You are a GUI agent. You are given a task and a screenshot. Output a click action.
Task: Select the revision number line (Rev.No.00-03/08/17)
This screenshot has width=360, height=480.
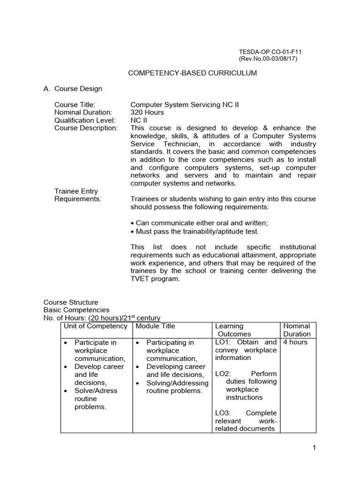pos(268,59)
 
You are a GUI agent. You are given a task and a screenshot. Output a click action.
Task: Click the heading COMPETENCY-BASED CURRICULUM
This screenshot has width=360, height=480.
pos(193,74)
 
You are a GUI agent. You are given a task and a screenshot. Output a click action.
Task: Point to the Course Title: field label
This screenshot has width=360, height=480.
pos(75,105)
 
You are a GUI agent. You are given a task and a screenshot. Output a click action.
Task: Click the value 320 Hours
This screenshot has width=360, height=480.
pos(147,112)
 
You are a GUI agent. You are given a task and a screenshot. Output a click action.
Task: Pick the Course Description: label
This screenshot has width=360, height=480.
pos(86,128)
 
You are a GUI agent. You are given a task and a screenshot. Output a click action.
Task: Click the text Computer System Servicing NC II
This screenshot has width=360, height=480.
pos(184,105)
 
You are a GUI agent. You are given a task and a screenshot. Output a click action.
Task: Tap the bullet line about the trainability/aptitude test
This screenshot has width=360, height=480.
pos(195,231)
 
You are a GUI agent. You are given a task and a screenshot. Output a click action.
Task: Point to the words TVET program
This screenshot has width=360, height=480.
pos(155,278)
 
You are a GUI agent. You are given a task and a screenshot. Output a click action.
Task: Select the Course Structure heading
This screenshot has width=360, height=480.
pos(71,302)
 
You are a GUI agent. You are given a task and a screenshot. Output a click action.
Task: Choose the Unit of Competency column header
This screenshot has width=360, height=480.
pos(96,326)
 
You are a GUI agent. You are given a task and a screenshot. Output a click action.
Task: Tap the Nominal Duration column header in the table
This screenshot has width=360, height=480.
pos(297,330)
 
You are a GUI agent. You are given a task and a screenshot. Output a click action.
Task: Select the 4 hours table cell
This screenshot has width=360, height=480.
pos(295,342)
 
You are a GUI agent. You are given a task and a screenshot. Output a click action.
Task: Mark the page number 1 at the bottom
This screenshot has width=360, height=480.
pos(314,448)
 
